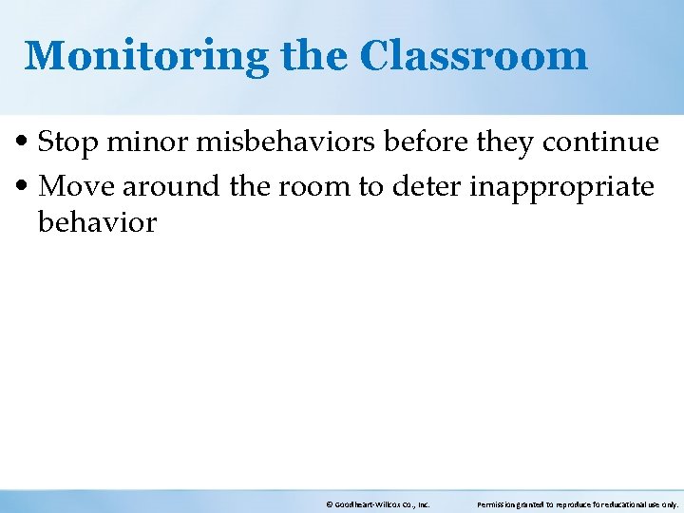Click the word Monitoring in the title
tap(146, 56)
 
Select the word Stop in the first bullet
tap(68, 142)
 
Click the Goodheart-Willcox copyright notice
tap(378, 504)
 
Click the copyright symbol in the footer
tap(329, 504)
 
